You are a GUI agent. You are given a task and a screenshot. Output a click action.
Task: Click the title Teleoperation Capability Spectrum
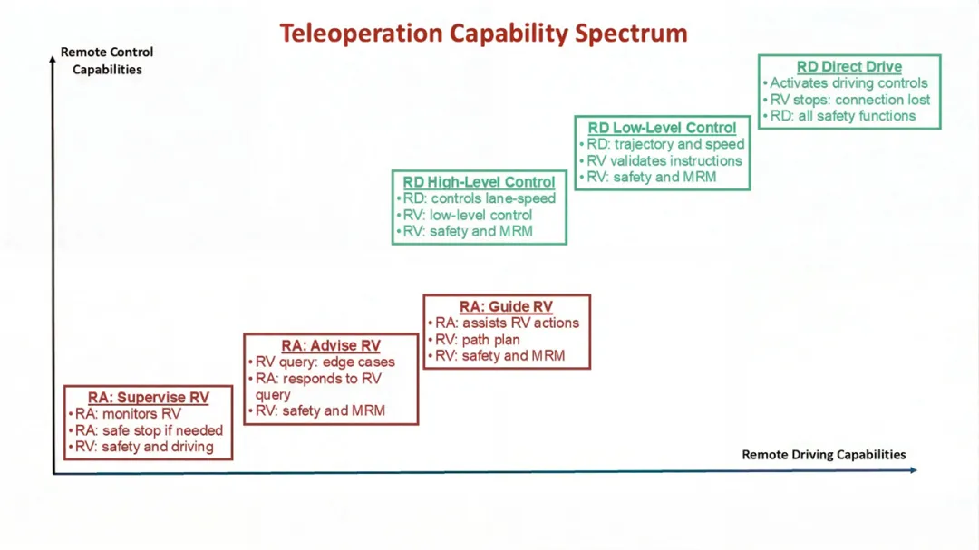(x=483, y=34)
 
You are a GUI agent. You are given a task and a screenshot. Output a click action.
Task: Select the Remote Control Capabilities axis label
(x=107, y=61)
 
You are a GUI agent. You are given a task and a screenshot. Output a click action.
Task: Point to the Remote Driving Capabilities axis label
(x=823, y=455)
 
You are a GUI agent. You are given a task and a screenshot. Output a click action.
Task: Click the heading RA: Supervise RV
(x=149, y=398)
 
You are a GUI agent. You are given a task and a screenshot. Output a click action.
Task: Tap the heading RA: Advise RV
(x=331, y=346)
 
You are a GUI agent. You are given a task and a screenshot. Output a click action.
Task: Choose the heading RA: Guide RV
(x=506, y=307)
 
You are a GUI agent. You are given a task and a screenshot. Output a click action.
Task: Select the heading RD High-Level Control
(x=479, y=182)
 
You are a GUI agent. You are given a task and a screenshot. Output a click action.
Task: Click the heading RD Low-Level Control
(x=662, y=128)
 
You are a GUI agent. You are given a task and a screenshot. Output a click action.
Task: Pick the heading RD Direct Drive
(x=849, y=67)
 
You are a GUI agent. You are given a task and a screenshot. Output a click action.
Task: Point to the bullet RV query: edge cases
(x=325, y=362)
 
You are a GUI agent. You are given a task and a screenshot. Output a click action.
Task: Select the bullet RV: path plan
(x=478, y=340)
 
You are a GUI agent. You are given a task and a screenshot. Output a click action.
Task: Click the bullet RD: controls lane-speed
(x=480, y=198)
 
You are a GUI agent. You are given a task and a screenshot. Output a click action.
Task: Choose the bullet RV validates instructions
(x=664, y=160)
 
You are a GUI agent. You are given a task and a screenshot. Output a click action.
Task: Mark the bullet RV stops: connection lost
(x=849, y=100)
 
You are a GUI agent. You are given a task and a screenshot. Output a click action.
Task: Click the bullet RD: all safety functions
(x=842, y=116)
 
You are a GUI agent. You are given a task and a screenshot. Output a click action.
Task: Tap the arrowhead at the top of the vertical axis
(x=53, y=61)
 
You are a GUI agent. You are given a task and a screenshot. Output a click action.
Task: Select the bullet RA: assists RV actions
(x=507, y=323)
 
